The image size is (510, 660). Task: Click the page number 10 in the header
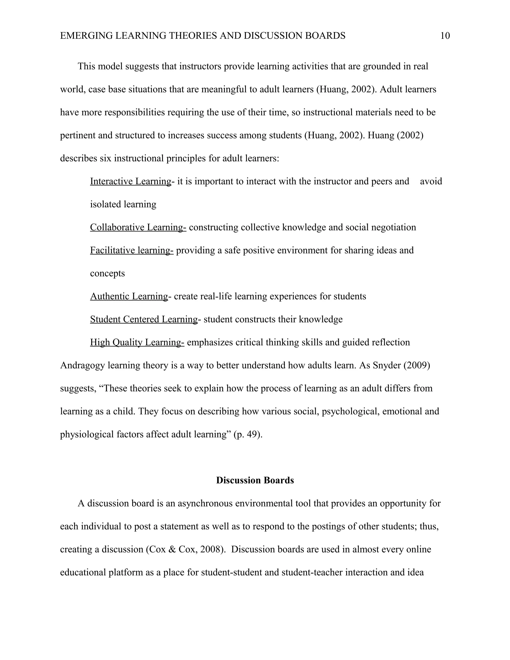(445, 36)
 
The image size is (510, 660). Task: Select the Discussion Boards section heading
(255, 480)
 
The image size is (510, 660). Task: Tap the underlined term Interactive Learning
(130, 181)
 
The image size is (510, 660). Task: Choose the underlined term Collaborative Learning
(138, 227)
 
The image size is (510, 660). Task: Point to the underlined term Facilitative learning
(131, 250)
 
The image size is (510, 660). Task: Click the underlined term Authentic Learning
(129, 296)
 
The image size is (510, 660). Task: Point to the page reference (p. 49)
(248, 434)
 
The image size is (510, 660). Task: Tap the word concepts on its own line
(107, 273)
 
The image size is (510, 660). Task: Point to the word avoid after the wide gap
(431, 181)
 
